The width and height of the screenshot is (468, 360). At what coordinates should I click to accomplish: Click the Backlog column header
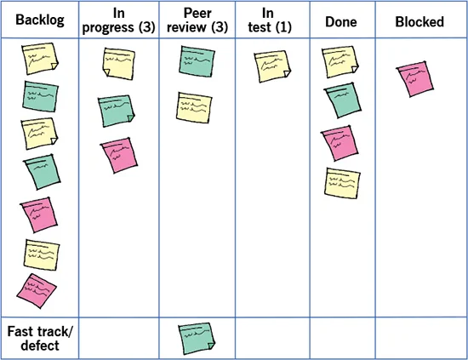(x=40, y=20)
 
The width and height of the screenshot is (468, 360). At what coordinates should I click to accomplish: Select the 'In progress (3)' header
(x=118, y=20)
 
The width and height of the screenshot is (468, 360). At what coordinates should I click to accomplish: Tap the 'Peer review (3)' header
(x=197, y=20)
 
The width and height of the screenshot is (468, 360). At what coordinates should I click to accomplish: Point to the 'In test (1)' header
(x=270, y=20)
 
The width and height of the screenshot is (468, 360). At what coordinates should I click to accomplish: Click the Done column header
(x=341, y=22)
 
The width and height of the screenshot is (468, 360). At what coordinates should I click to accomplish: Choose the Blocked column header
(x=419, y=22)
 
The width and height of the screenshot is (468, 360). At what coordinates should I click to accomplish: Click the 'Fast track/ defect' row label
(x=40, y=339)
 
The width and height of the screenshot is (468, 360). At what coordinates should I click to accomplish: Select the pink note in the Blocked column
(x=415, y=79)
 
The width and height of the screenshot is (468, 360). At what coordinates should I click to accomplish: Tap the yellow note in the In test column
(x=272, y=66)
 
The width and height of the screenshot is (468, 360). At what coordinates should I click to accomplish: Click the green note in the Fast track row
(x=197, y=338)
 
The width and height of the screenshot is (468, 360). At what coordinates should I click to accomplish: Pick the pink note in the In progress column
(x=119, y=155)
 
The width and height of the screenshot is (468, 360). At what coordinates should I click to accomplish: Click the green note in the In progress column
(x=116, y=111)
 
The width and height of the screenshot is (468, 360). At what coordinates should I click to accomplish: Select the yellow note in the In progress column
(x=119, y=64)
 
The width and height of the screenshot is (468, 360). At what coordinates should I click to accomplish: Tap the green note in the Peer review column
(x=197, y=61)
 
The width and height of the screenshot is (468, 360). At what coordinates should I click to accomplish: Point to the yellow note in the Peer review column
(x=194, y=108)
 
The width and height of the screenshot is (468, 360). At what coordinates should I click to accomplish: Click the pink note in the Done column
(x=340, y=143)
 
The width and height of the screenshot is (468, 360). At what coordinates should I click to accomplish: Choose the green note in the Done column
(x=343, y=100)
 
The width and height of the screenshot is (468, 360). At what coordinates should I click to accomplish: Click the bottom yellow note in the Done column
(x=342, y=183)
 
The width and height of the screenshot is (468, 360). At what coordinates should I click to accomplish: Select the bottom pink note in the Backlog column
(x=37, y=291)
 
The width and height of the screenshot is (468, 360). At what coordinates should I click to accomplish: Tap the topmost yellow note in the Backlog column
(x=40, y=59)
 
